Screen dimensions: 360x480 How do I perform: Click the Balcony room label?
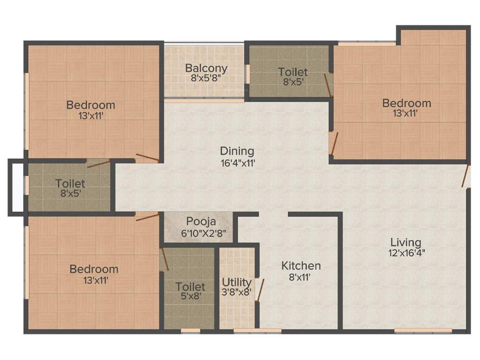[206, 68]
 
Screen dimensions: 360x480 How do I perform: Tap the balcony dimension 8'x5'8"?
[206, 78]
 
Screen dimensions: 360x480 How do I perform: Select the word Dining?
[237, 151]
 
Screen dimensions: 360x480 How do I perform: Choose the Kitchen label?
[301, 266]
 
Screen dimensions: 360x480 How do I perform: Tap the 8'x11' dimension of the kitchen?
[301, 277]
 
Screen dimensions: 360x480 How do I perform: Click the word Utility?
[237, 283]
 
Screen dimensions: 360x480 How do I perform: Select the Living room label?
[406, 242]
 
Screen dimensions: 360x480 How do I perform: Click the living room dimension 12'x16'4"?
[406, 254]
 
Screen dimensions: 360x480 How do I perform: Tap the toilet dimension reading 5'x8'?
[190, 297]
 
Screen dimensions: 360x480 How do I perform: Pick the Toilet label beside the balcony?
[293, 72]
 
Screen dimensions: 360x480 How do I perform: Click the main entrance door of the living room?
[465, 176]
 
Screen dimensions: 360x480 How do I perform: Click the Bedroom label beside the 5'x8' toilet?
[94, 269]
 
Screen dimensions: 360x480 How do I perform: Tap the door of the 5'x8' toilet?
[164, 259]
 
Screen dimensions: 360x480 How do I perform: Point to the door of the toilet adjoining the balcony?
[329, 85]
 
